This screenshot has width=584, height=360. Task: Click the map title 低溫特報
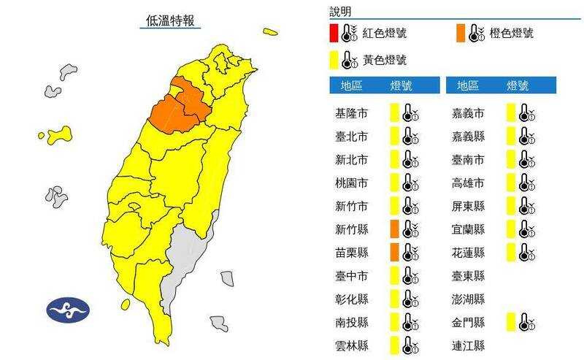pyautogui.click(x=169, y=20)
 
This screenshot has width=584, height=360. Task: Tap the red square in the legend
pyautogui.click(x=333, y=34)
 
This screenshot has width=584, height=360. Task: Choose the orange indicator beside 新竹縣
pyautogui.click(x=394, y=229)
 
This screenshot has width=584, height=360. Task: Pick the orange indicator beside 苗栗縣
pyautogui.click(x=394, y=252)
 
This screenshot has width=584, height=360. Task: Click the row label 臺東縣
pyautogui.click(x=470, y=275)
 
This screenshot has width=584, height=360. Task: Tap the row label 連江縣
pyautogui.click(x=470, y=345)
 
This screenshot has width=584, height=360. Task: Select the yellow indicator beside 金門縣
pyautogui.click(x=511, y=321)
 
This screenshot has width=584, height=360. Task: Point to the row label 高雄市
pyautogui.click(x=470, y=183)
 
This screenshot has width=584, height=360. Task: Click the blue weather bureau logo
pyautogui.click(x=68, y=310)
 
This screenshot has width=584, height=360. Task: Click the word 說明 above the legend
pyautogui.click(x=340, y=12)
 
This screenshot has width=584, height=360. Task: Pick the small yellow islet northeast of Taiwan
pyautogui.click(x=271, y=31)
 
